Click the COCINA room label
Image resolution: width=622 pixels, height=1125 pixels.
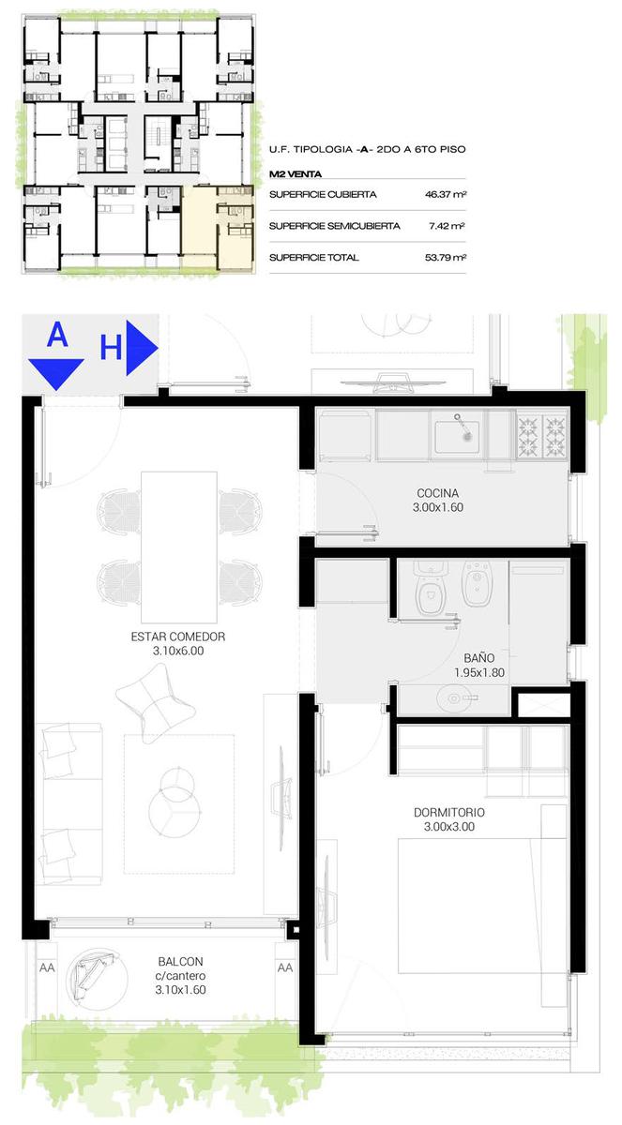point(437,493)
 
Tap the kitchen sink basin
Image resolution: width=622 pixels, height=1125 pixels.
point(457,437)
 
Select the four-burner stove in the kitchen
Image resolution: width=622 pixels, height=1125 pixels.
point(541,433)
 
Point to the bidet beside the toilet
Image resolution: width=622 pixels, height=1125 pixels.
point(478,583)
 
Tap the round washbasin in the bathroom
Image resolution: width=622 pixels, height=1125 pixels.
point(454,698)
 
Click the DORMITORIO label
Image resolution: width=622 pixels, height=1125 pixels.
point(449,813)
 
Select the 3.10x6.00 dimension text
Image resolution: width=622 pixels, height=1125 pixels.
point(178,651)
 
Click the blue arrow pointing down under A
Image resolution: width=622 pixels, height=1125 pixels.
point(56,375)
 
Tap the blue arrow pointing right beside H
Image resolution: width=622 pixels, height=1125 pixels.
point(142,348)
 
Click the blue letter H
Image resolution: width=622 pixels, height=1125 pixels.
point(111,348)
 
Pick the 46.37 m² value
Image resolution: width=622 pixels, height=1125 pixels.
point(446,194)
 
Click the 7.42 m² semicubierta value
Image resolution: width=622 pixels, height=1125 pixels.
point(447,226)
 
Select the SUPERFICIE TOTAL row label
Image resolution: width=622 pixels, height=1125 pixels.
point(314,258)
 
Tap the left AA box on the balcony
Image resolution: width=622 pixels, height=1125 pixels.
point(47,967)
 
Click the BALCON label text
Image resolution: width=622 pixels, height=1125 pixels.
point(180,962)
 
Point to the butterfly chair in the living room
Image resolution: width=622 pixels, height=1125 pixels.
point(155,703)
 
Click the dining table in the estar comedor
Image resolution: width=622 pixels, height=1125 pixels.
point(179,547)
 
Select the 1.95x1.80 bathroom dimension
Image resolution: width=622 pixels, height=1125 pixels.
point(479,672)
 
